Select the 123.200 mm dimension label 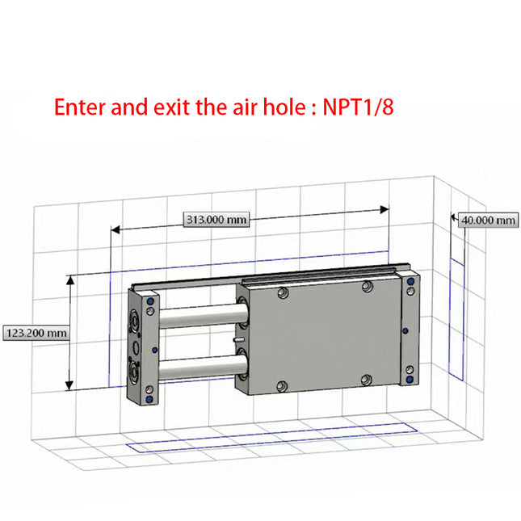pos(36,332)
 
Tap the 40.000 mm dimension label pos(488,220)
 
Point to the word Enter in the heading pos(78,107)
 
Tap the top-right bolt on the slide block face pos(368,287)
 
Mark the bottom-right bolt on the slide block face pos(368,379)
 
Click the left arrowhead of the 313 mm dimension pos(115,229)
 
